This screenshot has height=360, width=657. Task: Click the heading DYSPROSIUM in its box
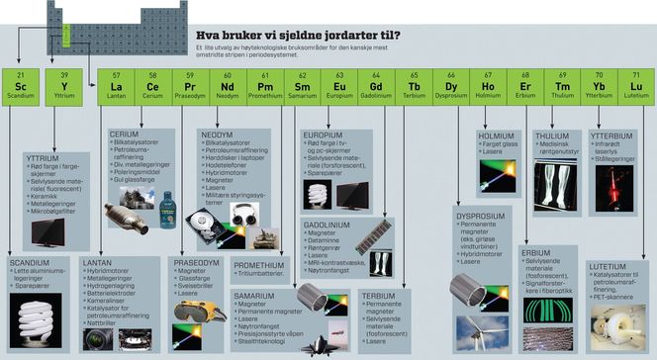[480, 214]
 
